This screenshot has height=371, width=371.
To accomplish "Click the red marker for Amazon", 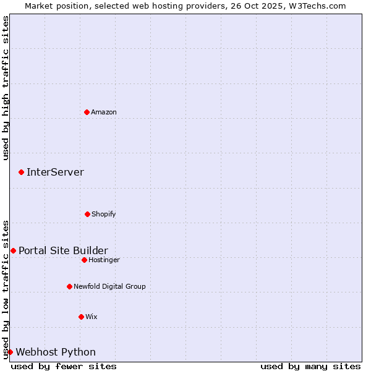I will tap(87, 112).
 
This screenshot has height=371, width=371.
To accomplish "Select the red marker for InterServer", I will tap(21, 172).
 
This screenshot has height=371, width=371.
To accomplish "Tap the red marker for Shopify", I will tap(87, 214).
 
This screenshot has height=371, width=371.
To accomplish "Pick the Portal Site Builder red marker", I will tap(13, 250).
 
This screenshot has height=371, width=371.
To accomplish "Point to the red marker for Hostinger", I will tap(84, 260).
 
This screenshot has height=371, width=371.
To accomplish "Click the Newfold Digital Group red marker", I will tap(69, 286).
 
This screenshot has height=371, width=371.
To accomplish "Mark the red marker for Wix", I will tap(81, 317).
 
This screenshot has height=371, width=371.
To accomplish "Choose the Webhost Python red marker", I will tap(10, 352).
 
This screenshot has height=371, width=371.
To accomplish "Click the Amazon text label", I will tap(104, 112).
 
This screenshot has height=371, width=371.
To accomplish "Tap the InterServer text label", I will tap(55, 172).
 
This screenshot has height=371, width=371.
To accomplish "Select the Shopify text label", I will tap(104, 214).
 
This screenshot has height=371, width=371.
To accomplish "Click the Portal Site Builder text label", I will tap(63, 250).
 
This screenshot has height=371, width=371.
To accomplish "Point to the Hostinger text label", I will tap(104, 260).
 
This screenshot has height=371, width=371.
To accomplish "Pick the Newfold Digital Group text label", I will tap(109, 286).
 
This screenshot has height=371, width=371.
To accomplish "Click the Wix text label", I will tap(92, 317).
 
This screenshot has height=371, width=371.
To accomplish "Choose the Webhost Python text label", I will tap(56, 352).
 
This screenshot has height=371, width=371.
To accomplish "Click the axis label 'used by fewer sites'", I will tap(64, 366).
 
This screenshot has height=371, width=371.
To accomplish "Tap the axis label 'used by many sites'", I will tap(310, 366).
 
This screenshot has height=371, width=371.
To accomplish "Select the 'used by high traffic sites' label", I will tap(6, 88).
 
